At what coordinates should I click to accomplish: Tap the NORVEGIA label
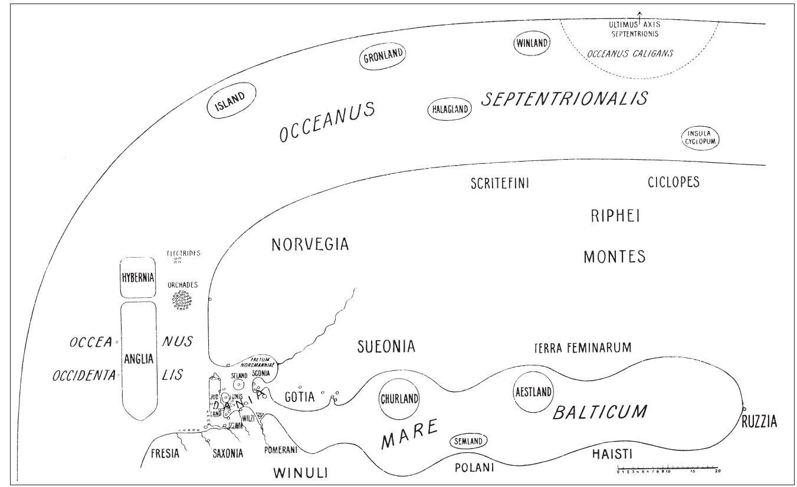click(x=310, y=245)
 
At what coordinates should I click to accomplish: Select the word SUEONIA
click(x=386, y=347)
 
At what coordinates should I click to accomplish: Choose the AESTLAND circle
click(x=533, y=392)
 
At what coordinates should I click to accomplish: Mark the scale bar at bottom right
click(x=668, y=470)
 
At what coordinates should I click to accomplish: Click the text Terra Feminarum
click(x=582, y=348)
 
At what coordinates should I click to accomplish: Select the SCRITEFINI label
click(x=499, y=183)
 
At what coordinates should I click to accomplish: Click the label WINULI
click(x=301, y=472)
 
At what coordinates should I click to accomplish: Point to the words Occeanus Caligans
click(x=639, y=53)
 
